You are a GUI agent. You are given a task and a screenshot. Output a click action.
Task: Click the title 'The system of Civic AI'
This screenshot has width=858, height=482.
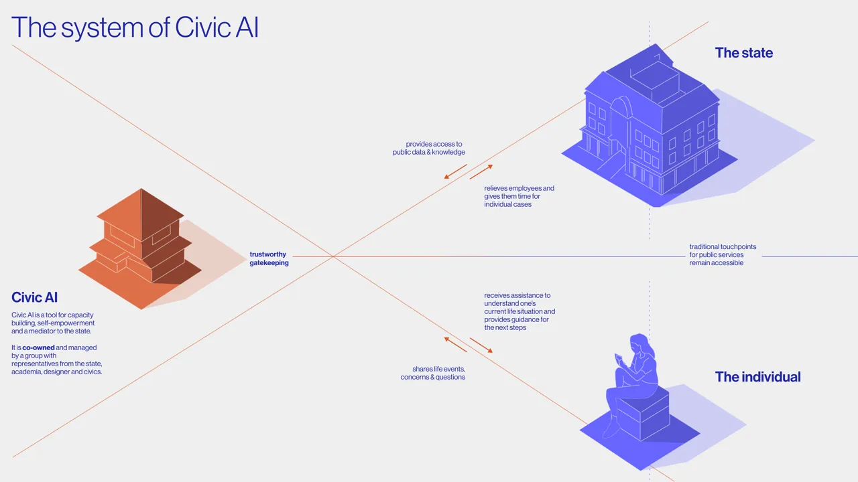click(x=135, y=27)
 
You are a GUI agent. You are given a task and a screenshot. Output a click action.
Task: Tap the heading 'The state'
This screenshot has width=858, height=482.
click(x=743, y=53)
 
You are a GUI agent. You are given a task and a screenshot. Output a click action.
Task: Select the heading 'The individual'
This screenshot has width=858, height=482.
click(x=757, y=377)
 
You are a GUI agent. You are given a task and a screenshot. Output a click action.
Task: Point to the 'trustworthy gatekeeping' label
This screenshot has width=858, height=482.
click(x=269, y=258)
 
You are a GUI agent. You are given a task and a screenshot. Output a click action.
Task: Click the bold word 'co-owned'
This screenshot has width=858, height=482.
click(x=39, y=347)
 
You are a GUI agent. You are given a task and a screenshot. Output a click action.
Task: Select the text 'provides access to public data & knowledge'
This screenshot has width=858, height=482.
click(x=429, y=148)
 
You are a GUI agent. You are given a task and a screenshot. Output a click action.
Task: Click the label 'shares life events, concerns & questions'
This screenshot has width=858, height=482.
click(x=433, y=373)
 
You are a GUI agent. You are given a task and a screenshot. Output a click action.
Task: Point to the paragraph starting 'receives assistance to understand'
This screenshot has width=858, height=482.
click(x=519, y=311)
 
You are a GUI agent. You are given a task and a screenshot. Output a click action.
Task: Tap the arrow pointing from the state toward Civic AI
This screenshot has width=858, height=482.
click(x=455, y=172)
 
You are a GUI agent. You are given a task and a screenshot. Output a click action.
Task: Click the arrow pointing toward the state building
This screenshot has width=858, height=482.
click(x=481, y=172)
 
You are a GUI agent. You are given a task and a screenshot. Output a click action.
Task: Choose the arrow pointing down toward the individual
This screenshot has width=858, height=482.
click(x=481, y=345)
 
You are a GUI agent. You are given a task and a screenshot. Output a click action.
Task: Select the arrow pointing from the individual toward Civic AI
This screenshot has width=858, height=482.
click(x=456, y=344)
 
